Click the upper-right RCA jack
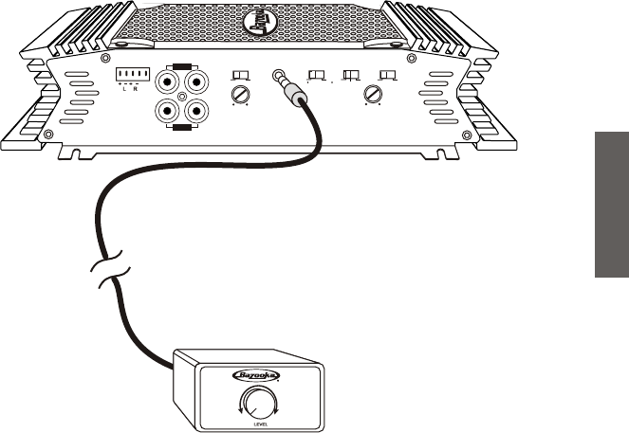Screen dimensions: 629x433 pyautogui.click(x=195, y=82)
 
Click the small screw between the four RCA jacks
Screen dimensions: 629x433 pyautogui.click(x=182, y=97)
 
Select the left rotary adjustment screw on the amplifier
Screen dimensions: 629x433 pyautogui.click(x=241, y=95)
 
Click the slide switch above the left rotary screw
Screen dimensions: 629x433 pyautogui.click(x=241, y=75)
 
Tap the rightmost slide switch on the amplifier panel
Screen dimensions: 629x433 pyautogui.click(x=386, y=75)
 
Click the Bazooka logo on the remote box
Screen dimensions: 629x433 pyautogui.click(x=256, y=376)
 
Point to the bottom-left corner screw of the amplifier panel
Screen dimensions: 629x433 pyautogui.click(x=48, y=134)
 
